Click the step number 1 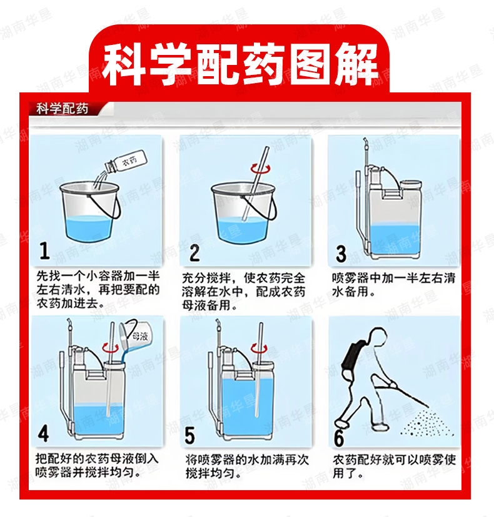(x=44, y=250)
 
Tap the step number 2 (x=194, y=253)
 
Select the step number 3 (x=341, y=254)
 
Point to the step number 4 (x=43, y=433)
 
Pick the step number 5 (x=189, y=435)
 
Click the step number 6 (x=339, y=437)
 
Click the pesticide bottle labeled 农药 (x=126, y=162)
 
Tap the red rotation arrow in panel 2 (x=260, y=169)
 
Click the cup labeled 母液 (x=136, y=336)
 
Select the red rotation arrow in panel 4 (x=110, y=348)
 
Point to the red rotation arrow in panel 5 (x=260, y=348)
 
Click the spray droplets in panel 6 (x=428, y=424)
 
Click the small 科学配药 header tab (x=63, y=109)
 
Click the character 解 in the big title (x=357, y=65)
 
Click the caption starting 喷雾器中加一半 (x=393, y=285)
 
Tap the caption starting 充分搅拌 (x=244, y=292)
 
